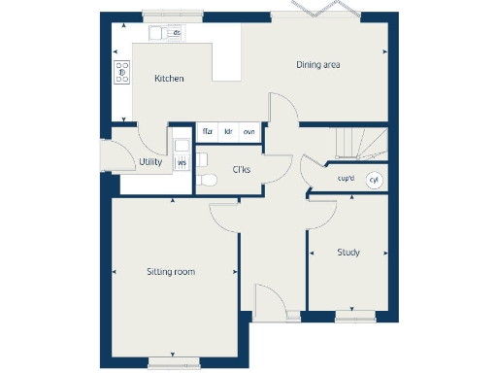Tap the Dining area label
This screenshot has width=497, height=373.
pos(317,65)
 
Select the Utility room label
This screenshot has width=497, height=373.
pos(149,162)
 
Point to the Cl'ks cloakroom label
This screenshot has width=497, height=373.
pos(243,171)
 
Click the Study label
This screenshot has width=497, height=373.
pos(348,253)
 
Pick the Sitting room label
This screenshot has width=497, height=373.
pos(171,272)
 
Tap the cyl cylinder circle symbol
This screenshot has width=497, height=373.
pos(375,179)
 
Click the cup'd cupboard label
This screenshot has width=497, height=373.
pos(346,179)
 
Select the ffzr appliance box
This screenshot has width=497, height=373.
pos(208,131)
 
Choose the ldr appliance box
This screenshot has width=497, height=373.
pos(228,131)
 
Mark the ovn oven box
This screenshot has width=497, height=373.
pos(249,131)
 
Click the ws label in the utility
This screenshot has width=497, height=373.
pos(182,163)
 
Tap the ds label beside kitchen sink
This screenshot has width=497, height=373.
pos(177,33)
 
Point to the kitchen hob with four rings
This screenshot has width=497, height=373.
pos(122,70)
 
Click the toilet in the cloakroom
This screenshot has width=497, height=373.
pos(205,179)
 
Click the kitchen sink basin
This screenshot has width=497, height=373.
pos(156,33)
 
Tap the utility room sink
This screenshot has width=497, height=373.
pos(182,146)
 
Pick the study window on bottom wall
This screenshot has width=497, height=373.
pos(355,316)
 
